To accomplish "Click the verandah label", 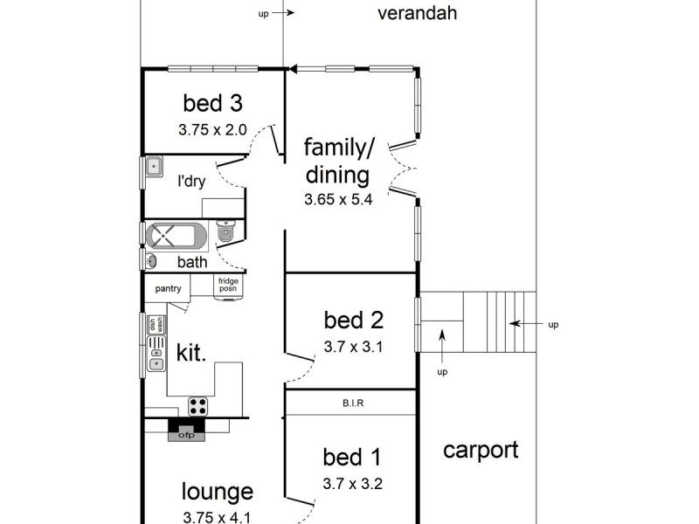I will point(418,13).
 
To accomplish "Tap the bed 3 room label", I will point(212,103).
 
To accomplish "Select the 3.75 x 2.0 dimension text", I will point(212,129).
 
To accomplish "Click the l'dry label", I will point(191,182).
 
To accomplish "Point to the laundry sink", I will point(155,166).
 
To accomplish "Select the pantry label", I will point(168,288).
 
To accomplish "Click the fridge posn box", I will point(228,286).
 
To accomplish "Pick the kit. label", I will point(191,353).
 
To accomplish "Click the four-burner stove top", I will point(198,406).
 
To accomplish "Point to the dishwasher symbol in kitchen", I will point(156,325).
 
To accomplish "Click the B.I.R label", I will point(352,403).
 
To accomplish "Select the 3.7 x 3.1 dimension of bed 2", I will point(353,347).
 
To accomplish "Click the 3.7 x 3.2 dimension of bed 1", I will point(352,483).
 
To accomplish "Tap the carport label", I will point(480,451).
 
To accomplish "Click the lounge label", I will point(218,492).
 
